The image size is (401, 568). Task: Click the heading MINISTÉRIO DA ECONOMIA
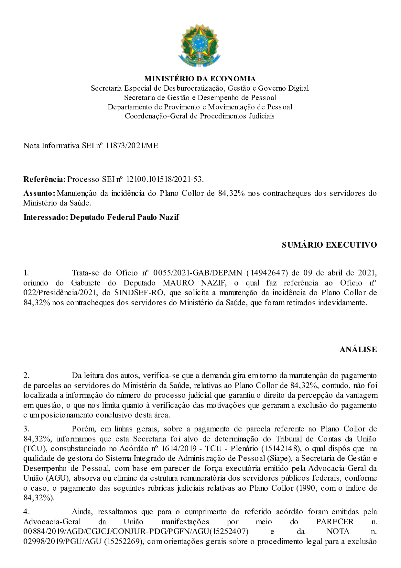tap(200, 79)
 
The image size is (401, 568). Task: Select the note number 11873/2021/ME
tap(132, 146)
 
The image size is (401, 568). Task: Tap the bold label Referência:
tap(44, 179)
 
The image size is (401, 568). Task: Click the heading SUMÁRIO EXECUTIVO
tap(329, 245)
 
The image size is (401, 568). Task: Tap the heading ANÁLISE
tap(358, 350)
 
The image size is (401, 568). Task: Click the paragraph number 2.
tap(27, 375)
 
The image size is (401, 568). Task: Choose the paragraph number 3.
tap(27, 429)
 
